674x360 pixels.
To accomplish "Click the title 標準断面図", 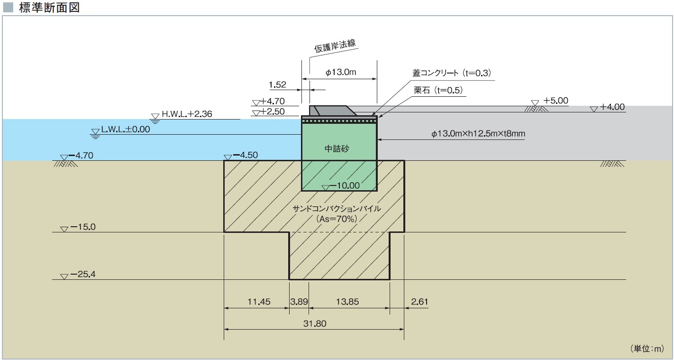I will click(49, 8).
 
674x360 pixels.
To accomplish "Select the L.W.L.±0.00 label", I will click(126, 129).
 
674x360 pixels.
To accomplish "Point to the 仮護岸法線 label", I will click(335, 46).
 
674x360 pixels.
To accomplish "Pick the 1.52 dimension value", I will click(277, 85).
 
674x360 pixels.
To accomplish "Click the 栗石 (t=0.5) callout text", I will click(438, 90).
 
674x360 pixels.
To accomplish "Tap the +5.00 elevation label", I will click(556, 101).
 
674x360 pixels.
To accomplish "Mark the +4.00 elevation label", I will click(612, 107).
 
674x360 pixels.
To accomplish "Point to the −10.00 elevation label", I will click(345, 185).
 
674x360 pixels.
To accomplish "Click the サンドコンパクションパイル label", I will click(337, 208).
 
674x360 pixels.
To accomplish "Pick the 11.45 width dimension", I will click(259, 301).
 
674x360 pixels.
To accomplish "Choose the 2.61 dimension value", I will click(419, 301).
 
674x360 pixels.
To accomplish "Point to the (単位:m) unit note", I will click(647, 349).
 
